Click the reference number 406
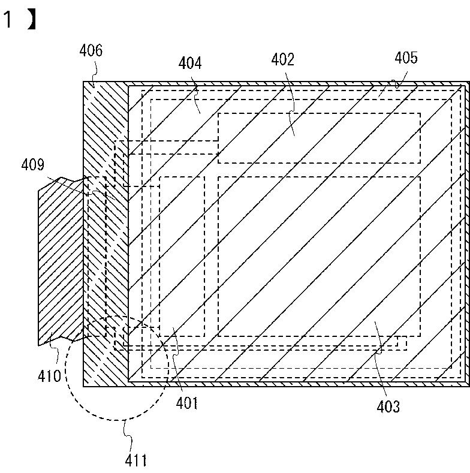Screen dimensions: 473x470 pyautogui.click(x=91, y=50)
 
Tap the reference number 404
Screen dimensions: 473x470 pyautogui.click(x=190, y=63)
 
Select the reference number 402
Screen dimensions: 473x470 pyautogui.click(x=283, y=59)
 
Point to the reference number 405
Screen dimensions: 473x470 pyautogui.click(x=406, y=58)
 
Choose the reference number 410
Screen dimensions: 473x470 pyautogui.click(x=50, y=375)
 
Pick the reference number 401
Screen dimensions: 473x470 pyautogui.click(x=186, y=402)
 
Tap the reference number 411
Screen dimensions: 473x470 pyautogui.click(x=135, y=460)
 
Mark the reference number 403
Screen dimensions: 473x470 pyautogui.click(x=388, y=406)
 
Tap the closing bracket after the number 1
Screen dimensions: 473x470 pyautogui.click(x=32, y=20)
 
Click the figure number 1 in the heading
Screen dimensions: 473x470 pyautogui.click(x=7, y=20)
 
